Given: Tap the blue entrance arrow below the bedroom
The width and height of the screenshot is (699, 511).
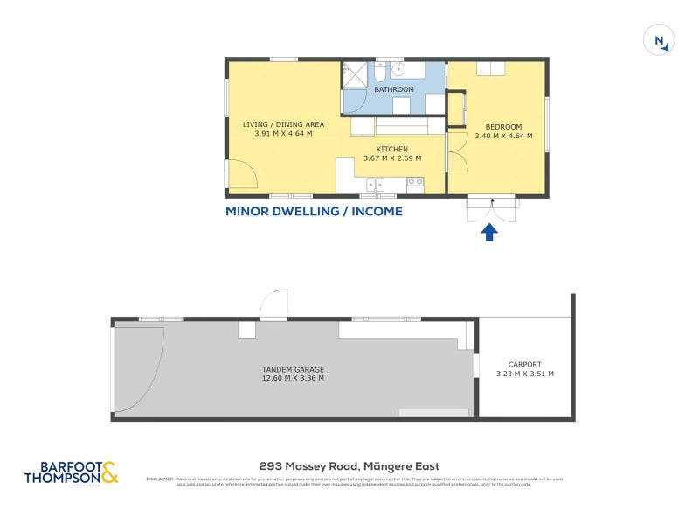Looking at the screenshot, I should [490, 231].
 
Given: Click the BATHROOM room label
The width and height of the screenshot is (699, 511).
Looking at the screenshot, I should [394, 89].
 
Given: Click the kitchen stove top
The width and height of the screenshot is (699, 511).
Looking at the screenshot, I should [415, 184].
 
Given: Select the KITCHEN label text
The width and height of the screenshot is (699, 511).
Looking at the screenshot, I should [392, 149].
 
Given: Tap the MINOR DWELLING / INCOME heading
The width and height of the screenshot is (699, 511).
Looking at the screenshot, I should [314, 211].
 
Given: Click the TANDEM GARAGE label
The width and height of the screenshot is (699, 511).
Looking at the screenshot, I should [293, 368].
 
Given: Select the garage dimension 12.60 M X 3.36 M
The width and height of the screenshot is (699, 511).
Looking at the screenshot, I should [293, 379].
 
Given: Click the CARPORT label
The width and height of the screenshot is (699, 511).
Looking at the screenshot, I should [525, 364].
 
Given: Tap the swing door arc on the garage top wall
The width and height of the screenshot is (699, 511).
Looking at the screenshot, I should [273, 303].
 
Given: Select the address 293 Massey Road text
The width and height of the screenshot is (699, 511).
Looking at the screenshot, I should [349, 466].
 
